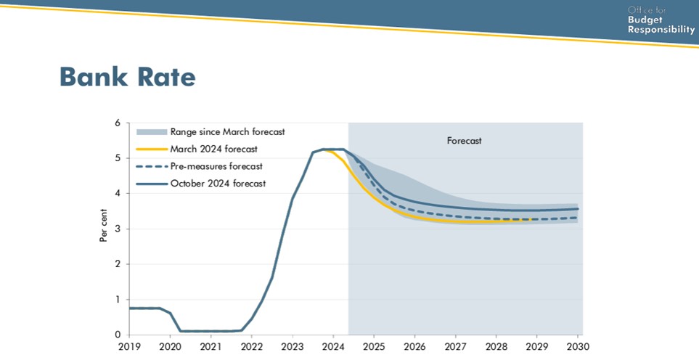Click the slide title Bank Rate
click(x=128, y=76)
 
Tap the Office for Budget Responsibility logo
click(x=661, y=20)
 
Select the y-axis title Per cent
click(x=103, y=226)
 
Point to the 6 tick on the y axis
click(x=118, y=123)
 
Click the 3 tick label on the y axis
click(x=118, y=229)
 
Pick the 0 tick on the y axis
click(x=118, y=335)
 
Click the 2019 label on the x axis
click(x=129, y=347)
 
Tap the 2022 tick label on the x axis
click(x=251, y=347)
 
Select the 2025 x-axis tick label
click(x=374, y=347)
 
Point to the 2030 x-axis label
click(x=579, y=347)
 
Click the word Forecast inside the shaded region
click(x=464, y=141)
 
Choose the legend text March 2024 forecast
click(x=214, y=149)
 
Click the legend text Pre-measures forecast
click(x=216, y=166)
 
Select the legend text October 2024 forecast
click(x=218, y=183)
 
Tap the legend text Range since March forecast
click(x=227, y=132)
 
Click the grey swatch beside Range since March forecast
click(x=152, y=132)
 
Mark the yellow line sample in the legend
click(x=152, y=149)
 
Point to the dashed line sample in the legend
click(x=152, y=166)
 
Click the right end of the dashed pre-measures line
click(x=578, y=218)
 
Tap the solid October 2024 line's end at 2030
click(x=578, y=208)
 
